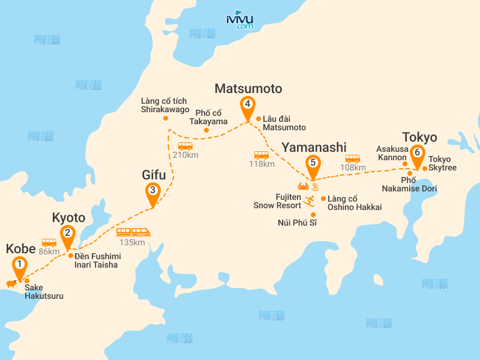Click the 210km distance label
coord(185,155)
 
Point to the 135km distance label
coord(132,242)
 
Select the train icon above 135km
coord(132,232)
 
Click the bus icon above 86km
coord(49,243)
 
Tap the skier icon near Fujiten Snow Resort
coord(310,200)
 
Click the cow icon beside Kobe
coord(10,283)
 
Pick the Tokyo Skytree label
coord(443,164)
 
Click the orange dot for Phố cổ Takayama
coord(206,130)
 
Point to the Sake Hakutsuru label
coord(44,292)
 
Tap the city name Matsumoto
coord(248,89)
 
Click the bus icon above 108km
coord(352,158)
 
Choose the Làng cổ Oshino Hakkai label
coord(355,203)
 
